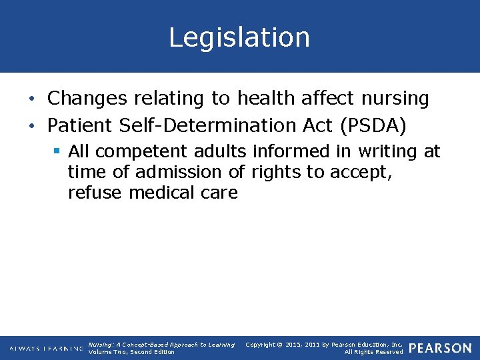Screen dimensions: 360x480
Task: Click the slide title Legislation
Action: (x=239, y=37)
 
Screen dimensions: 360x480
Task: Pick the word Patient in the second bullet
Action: (x=83, y=125)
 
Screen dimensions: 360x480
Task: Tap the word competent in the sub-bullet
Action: (x=140, y=151)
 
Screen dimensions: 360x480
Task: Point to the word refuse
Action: (x=95, y=193)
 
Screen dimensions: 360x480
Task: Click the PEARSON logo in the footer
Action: (x=440, y=348)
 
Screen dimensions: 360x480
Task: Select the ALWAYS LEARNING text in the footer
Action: (x=47, y=349)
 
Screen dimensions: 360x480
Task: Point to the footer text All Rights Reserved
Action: (x=373, y=352)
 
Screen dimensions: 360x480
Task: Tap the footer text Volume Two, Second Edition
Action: (x=131, y=352)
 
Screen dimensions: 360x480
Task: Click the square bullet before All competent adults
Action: (x=58, y=151)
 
